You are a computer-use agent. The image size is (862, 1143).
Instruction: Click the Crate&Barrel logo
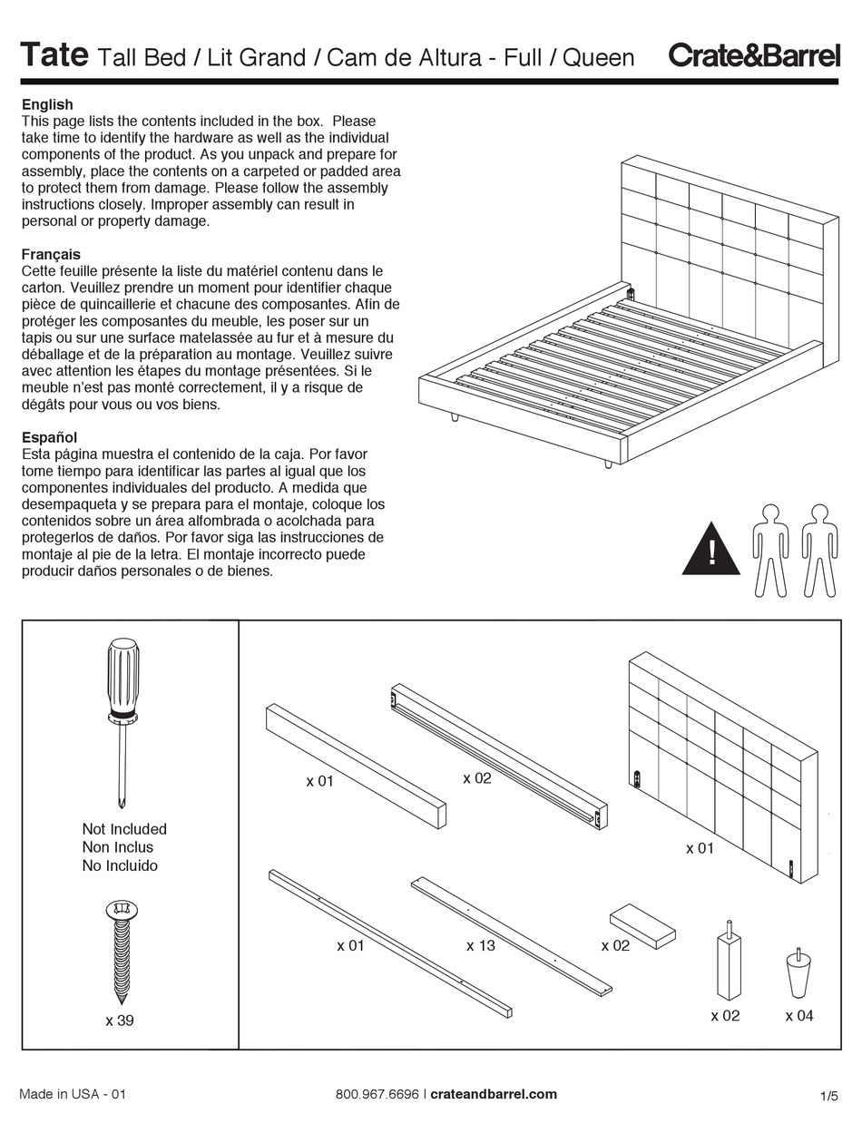[754, 55]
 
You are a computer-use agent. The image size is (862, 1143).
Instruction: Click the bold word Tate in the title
[54, 55]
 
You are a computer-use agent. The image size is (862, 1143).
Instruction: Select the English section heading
[47, 104]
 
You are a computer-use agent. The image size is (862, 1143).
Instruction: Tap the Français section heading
[51, 254]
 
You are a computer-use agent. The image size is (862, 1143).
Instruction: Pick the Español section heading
[49, 437]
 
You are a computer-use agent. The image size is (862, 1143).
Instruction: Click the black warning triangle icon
[711, 551]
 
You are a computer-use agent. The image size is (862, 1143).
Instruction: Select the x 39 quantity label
[120, 1021]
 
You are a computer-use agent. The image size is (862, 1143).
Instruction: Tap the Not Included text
[124, 829]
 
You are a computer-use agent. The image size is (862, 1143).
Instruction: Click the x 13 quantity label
[481, 946]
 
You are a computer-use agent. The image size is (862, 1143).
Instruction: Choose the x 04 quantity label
[799, 1016]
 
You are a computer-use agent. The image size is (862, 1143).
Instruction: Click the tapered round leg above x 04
[798, 973]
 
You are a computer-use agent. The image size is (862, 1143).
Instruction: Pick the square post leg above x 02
[728, 962]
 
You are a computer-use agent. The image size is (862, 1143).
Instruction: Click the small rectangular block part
[642, 926]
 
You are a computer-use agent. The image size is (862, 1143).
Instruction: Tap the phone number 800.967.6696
[377, 1094]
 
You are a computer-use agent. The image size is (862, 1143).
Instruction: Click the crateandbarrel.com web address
[494, 1094]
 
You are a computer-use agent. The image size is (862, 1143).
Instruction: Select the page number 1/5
[828, 1097]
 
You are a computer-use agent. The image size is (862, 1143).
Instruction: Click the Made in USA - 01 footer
[73, 1094]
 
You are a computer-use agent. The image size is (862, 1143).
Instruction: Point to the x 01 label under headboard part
[700, 848]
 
